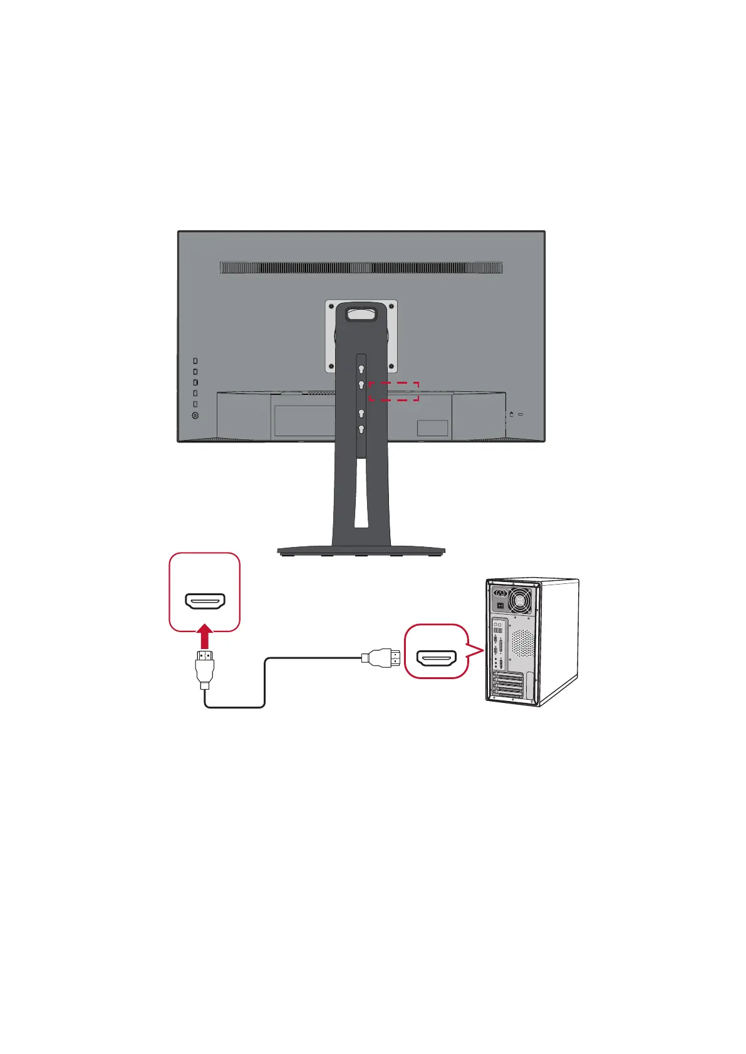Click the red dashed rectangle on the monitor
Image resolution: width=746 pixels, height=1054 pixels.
tap(393, 391)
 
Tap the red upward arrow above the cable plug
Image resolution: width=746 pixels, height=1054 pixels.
tap(205, 638)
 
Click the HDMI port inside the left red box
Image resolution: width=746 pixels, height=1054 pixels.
tap(205, 601)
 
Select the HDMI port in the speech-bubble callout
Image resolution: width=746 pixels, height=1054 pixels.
tap(437, 658)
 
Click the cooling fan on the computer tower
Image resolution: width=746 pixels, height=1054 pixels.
tap(521, 602)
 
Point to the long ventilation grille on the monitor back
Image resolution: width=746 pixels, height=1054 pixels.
tap(361, 268)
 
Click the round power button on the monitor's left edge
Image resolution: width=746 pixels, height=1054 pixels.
tap(195, 415)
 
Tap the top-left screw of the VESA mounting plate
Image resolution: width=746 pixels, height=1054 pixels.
tap(331, 306)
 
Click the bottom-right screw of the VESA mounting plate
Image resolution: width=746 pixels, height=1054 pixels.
tap(392, 367)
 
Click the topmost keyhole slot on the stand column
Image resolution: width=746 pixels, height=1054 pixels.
tap(361, 369)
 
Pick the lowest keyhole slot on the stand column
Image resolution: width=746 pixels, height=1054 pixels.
tap(361, 429)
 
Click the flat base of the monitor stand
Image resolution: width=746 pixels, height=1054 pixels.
tap(361, 551)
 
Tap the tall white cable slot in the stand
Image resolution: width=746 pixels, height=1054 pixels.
tap(361, 492)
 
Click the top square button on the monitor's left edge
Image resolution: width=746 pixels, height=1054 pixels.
tap(195, 361)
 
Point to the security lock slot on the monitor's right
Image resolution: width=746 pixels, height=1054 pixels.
tap(512, 414)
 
